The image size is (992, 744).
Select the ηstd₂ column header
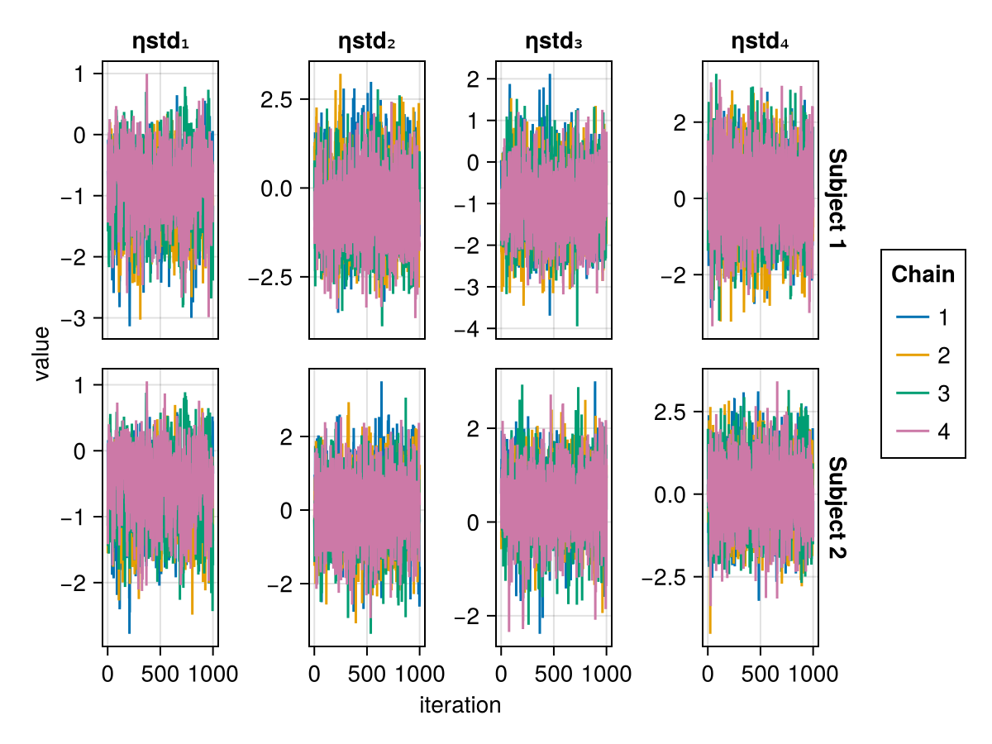coord(367,41)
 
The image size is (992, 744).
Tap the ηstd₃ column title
coord(554,41)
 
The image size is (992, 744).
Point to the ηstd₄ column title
coord(761,41)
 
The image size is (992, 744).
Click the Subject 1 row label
coord(837,200)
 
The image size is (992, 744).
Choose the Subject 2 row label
coord(837,508)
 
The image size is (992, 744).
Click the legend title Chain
coord(923,274)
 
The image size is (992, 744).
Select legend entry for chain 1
coord(923,317)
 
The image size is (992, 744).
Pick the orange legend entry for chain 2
coord(923,355)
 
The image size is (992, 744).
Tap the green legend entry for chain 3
coord(923,394)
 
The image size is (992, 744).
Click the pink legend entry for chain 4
coord(923,432)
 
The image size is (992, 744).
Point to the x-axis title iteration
coord(460,705)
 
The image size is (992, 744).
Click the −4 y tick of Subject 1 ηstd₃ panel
coord(475,329)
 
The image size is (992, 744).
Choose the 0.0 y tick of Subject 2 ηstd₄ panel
coord(674,494)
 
